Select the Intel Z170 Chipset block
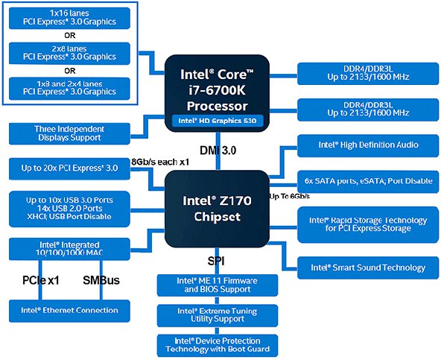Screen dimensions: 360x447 pyautogui.click(x=218, y=208)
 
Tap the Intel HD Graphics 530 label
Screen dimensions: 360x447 pyautogui.click(x=218, y=119)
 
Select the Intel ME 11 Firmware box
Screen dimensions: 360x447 pyautogui.click(x=218, y=285)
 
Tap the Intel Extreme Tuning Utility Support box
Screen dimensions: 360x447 pyautogui.click(x=218, y=315)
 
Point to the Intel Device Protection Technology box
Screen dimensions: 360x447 pyautogui.click(x=218, y=344)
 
